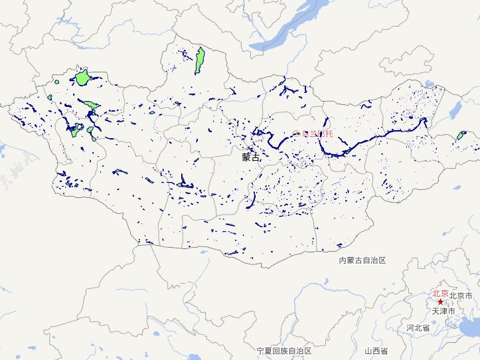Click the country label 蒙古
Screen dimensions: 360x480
point(251,158)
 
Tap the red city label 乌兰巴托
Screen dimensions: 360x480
point(317,134)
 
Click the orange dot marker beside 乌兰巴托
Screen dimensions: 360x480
point(297,134)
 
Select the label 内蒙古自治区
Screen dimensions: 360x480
point(362,261)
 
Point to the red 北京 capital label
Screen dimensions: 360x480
point(440,293)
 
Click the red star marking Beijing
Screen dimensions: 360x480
point(440,302)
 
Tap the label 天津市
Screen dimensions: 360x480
point(443,311)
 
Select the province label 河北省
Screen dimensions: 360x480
point(418,328)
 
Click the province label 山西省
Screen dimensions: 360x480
point(376,351)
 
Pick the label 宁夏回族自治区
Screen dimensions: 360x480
point(284,351)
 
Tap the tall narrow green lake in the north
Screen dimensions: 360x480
point(199,61)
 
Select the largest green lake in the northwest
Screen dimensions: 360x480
point(82,77)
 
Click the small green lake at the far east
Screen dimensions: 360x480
point(460,135)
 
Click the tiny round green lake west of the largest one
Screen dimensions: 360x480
point(58,82)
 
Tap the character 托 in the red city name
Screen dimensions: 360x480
point(329,134)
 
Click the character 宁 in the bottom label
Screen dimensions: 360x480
point(260,351)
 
